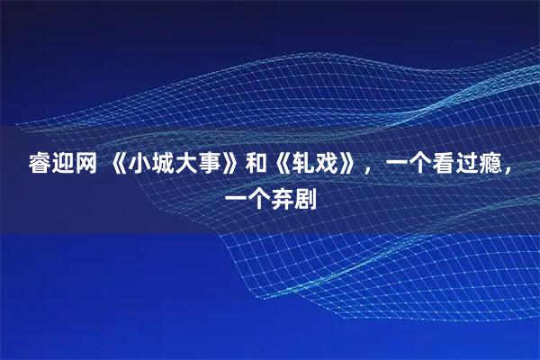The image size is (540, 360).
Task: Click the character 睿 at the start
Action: [x=41, y=165]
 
